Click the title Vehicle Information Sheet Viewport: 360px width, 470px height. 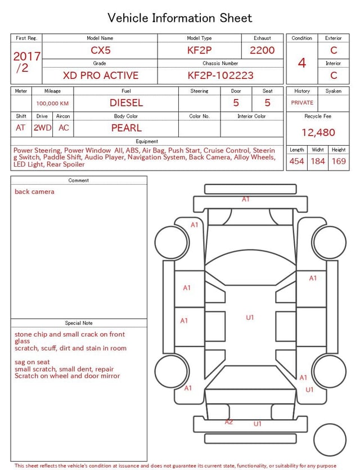point(180,18)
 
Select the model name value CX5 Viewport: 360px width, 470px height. point(101,50)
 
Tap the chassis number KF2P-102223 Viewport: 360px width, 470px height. point(220,75)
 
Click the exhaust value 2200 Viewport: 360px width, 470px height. point(262,50)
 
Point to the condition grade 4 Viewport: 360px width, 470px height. point(302,62)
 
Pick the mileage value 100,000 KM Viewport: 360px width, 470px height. point(52,104)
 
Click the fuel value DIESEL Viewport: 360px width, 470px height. point(126,103)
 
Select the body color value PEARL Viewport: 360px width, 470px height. point(126,128)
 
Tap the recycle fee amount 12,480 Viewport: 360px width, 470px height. point(318,133)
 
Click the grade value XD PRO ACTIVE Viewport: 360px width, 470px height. point(101,75)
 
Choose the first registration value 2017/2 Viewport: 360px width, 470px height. point(26,62)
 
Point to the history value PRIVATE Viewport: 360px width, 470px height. point(302,103)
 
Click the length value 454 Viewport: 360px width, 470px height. point(296,162)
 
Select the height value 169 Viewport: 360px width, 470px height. point(339,162)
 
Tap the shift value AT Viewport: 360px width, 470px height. point(21,128)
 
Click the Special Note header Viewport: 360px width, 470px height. point(79,323)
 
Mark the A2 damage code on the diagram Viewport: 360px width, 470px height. point(229,422)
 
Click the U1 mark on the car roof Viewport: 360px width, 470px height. point(250,317)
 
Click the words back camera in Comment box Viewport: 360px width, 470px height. point(35,192)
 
